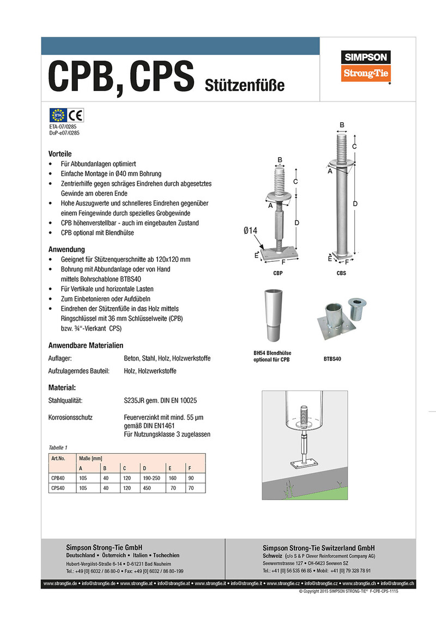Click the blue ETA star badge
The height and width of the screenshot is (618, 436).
pos(57,115)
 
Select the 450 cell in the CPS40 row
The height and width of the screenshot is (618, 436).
pos(147,488)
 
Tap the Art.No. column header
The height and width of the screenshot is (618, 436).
pos(58,459)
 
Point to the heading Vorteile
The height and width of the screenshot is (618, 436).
pos(60,154)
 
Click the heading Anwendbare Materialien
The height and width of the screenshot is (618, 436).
pos(86,345)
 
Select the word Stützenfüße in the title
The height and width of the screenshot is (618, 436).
pos(245,85)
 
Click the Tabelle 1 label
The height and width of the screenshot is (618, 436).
pos(58,447)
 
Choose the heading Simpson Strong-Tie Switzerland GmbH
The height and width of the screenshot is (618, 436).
pos(318,548)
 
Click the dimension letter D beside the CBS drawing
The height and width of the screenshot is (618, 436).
pos(355,203)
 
